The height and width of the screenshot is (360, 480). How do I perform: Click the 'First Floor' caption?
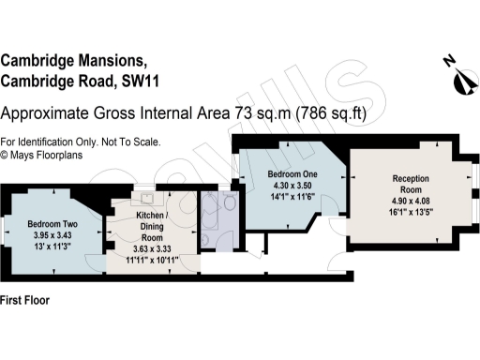pos(24,302)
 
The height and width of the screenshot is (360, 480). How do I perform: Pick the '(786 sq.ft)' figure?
pos(330,114)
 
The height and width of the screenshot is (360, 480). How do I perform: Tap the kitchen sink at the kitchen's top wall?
pos(146,199)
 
